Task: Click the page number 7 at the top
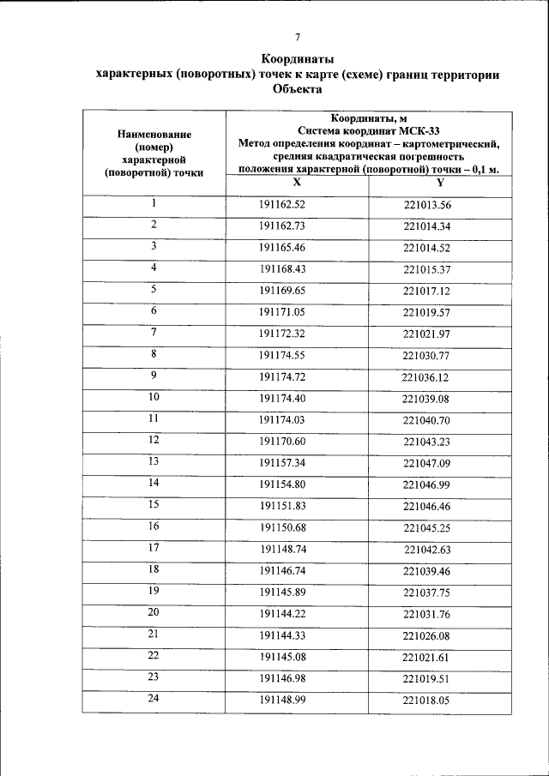(297, 37)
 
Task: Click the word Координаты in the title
(297, 59)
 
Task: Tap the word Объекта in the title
(297, 89)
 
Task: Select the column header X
(297, 182)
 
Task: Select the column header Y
(440, 182)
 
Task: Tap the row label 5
(154, 290)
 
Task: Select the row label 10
(154, 397)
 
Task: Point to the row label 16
(154, 526)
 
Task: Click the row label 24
(154, 698)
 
